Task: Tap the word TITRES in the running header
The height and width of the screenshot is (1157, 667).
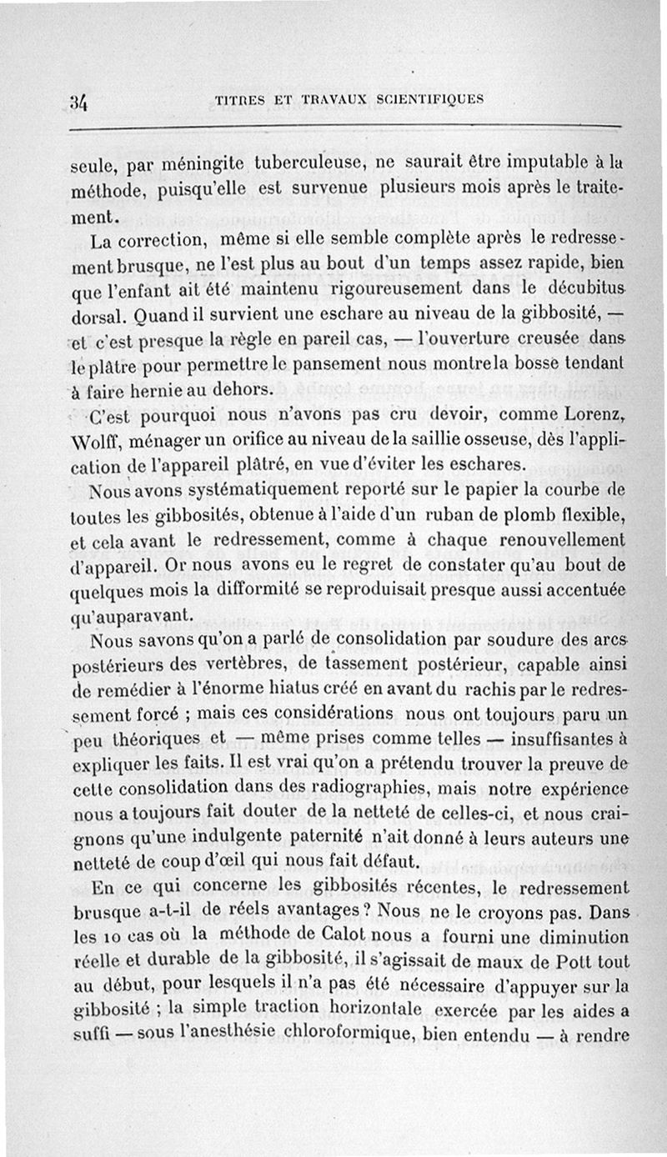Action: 241,99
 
